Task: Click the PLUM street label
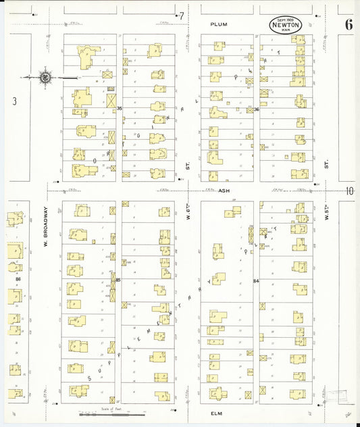point(218,24)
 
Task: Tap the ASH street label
point(225,191)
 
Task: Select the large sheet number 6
point(348,25)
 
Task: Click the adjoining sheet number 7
point(181,16)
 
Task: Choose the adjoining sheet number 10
point(349,191)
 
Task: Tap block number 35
point(120,108)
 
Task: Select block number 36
point(257,109)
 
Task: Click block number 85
point(118,280)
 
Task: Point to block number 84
point(256,280)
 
